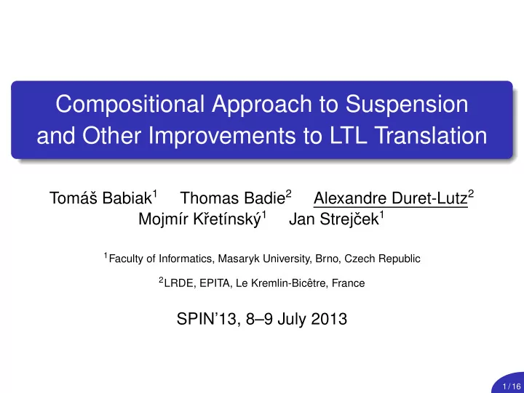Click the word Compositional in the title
click(x=130, y=105)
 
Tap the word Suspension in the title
click(x=406, y=105)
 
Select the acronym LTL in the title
click(x=348, y=135)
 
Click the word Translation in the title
click(x=431, y=135)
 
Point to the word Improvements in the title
click(x=222, y=136)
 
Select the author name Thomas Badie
click(x=233, y=198)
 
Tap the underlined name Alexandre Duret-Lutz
click(x=391, y=198)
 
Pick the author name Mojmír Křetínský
click(x=199, y=219)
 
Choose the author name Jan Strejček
click(x=334, y=219)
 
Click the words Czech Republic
click(x=382, y=259)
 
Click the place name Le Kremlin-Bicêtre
click(x=281, y=283)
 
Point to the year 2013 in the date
click(x=329, y=319)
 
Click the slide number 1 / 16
click(x=512, y=386)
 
